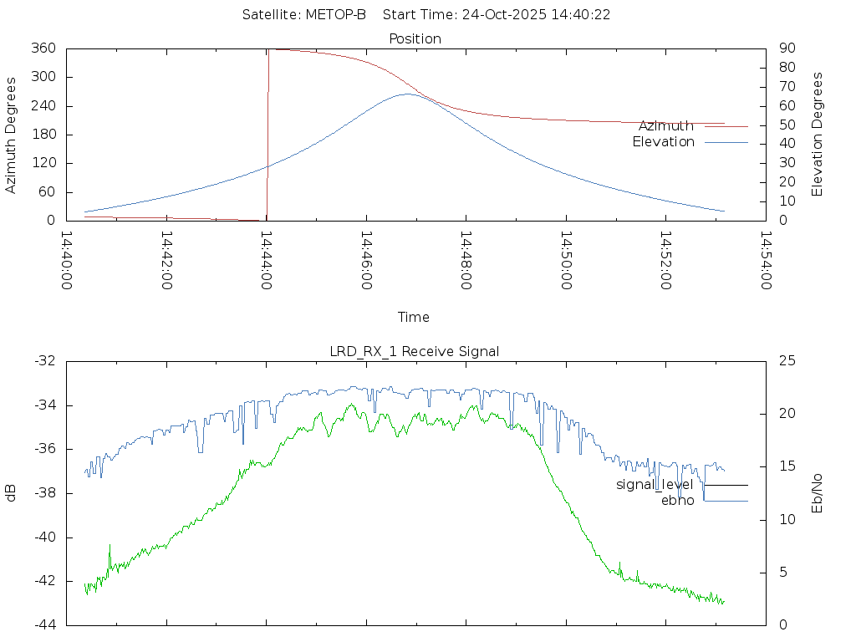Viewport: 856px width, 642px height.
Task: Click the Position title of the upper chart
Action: tap(415, 38)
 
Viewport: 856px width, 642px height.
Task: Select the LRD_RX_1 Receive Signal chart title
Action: tap(415, 351)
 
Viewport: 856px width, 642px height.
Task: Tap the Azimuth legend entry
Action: tap(666, 126)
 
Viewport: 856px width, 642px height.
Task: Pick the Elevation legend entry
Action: tap(663, 142)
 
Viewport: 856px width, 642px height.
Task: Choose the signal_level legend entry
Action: tap(655, 485)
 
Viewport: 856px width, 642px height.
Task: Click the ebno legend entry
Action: tap(678, 501)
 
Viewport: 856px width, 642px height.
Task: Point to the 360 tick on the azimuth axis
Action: tap(43, 48)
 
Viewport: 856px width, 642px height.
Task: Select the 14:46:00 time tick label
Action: tap(366, 260)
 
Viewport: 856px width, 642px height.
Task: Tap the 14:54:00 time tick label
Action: tap(765, 260)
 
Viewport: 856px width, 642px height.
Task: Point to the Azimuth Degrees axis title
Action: tap(12, 135)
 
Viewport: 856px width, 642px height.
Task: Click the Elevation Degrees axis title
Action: tap(818, 134)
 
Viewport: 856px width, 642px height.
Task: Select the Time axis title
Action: tap(414, 317)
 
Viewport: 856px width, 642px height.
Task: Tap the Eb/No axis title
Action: tap(818, 492)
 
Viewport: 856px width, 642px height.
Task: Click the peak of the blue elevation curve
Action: tap(407, 94)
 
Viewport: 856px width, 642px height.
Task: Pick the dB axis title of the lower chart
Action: tap(12, 492)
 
